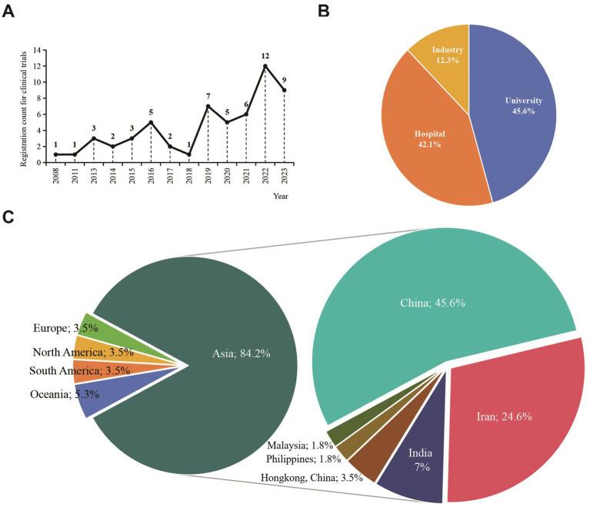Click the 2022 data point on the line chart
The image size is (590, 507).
point(265,66)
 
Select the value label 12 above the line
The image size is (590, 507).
point(265,56)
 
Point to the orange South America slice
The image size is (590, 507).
point(83,371)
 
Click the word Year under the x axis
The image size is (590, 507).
point(282,197)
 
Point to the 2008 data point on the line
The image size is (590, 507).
point(55,154)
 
